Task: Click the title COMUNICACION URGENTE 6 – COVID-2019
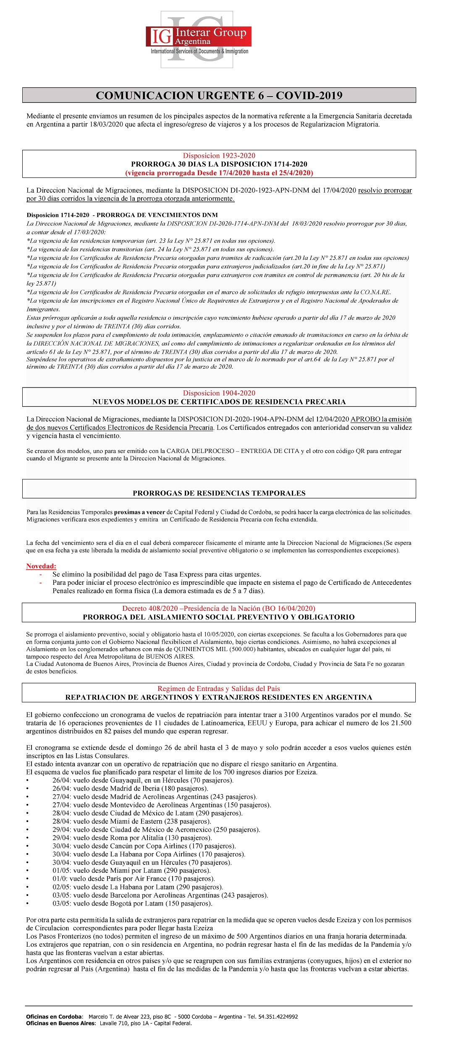[219, 95]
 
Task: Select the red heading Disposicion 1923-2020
[219, 156]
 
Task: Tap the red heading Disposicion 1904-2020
[219, 393]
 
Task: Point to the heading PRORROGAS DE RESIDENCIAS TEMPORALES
[219, 493]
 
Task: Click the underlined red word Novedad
[41, 566]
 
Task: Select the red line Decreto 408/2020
[218, 608]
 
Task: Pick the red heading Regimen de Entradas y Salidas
[218, 689]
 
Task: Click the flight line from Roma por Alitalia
[132, 838]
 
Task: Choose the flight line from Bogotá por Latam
[132, 903]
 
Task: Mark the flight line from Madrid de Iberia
[130, 789]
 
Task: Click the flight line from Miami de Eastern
[131, 822]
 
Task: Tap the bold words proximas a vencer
[139, 512]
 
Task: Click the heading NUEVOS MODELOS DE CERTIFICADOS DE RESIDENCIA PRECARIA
[219, 402]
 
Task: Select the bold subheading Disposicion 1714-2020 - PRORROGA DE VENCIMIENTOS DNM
[122, 215]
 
